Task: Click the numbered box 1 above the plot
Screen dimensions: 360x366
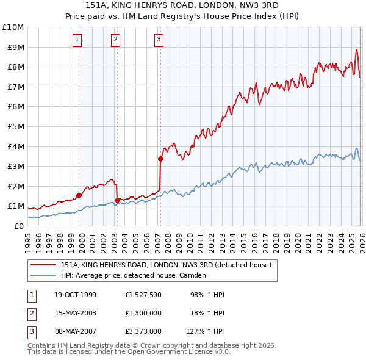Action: click(78, 40)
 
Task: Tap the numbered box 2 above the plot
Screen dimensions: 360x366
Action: click(115, 40)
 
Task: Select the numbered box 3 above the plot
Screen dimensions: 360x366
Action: click(159, 40)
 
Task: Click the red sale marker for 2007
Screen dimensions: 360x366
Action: click(160, 159)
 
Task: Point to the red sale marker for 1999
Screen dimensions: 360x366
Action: click(79, 195)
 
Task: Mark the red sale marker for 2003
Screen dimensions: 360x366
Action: click(117, 200)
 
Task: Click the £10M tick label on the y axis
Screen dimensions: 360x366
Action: click(13, 27)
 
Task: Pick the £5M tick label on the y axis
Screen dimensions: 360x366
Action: click(15, 126)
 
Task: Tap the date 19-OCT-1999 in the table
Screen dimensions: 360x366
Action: click(75, 295)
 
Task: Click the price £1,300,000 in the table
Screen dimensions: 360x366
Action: click(143, 313)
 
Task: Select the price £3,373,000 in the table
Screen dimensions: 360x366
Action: click(143, 331)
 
